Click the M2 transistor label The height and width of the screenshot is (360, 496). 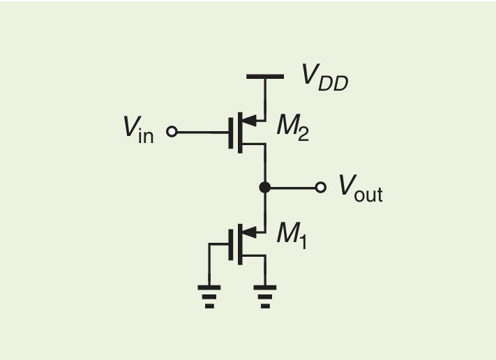pos(292,126)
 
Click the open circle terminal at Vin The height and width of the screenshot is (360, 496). pos(172,130)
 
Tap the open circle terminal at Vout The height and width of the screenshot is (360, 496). pos(321,187)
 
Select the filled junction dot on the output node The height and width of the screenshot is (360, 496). pos(264,187)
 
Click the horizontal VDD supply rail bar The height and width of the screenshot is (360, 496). pos(265,76)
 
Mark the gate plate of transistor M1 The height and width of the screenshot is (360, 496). pos(230,243)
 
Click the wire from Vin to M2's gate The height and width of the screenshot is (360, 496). pos(202,130)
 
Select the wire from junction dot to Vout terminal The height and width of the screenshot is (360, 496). pos(293,187)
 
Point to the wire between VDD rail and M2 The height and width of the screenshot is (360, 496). pos(265,98)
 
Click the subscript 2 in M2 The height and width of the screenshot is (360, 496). pos(302,132)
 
